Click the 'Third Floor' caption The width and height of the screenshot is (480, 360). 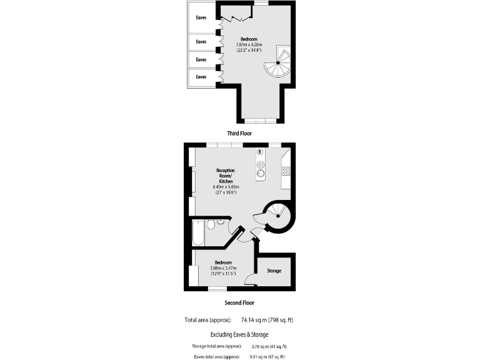239,134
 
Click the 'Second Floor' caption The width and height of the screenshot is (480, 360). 239,302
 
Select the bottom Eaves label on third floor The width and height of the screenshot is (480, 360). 201,76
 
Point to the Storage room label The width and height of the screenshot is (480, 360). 274,271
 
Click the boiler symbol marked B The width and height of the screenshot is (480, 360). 259,152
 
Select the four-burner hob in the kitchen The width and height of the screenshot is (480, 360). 286,171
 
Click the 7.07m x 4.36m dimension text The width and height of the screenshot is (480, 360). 249,44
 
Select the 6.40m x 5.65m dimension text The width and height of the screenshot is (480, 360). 226,187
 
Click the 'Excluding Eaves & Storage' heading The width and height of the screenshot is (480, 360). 239,334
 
